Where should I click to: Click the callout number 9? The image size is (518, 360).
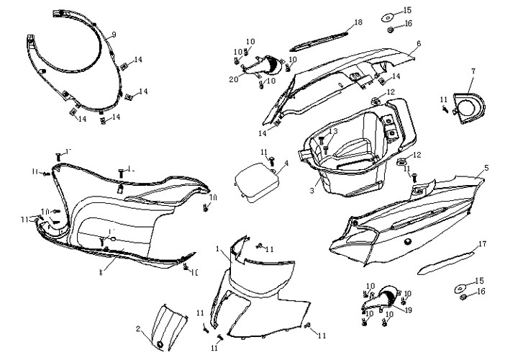[x=114, y=35]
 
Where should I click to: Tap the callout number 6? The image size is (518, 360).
[x=418, y=43]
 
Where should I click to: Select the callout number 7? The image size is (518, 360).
[x=473, y=71]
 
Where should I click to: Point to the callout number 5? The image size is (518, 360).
[x=486, y=168]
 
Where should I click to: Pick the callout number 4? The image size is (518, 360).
[x=286, y=163]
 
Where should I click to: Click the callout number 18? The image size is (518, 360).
[x=358, y=23]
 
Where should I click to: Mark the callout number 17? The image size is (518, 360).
[x=482, y=244]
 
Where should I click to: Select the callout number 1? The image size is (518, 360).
[x=217, y=248]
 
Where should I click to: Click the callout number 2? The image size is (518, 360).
[x=138, y=329]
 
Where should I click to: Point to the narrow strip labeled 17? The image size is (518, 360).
[x=446, y=261]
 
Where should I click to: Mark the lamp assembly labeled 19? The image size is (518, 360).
[x=388, y=296]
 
